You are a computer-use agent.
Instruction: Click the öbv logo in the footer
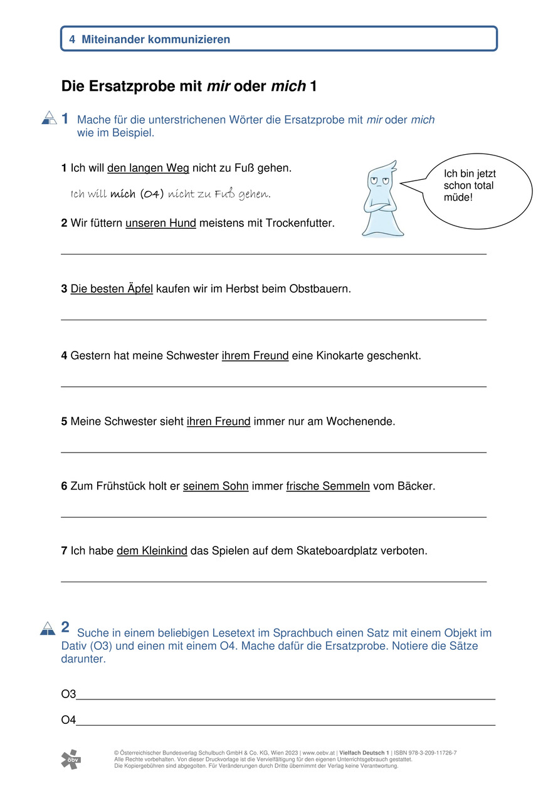(70, 759)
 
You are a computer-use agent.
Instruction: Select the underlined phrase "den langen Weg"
(148, 168)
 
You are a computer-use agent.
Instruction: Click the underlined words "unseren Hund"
(161, 223)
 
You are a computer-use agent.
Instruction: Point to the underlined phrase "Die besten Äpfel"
(112, 289)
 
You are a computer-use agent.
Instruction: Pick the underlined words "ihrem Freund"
(255, 355)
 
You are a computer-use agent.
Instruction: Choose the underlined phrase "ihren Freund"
(218, 421)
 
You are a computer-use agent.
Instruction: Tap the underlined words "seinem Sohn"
(216, 486)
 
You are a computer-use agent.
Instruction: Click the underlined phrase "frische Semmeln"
(328, 486)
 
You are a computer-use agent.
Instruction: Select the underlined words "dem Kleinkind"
(152, 551)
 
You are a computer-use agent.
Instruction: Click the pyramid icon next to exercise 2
(48, 628)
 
